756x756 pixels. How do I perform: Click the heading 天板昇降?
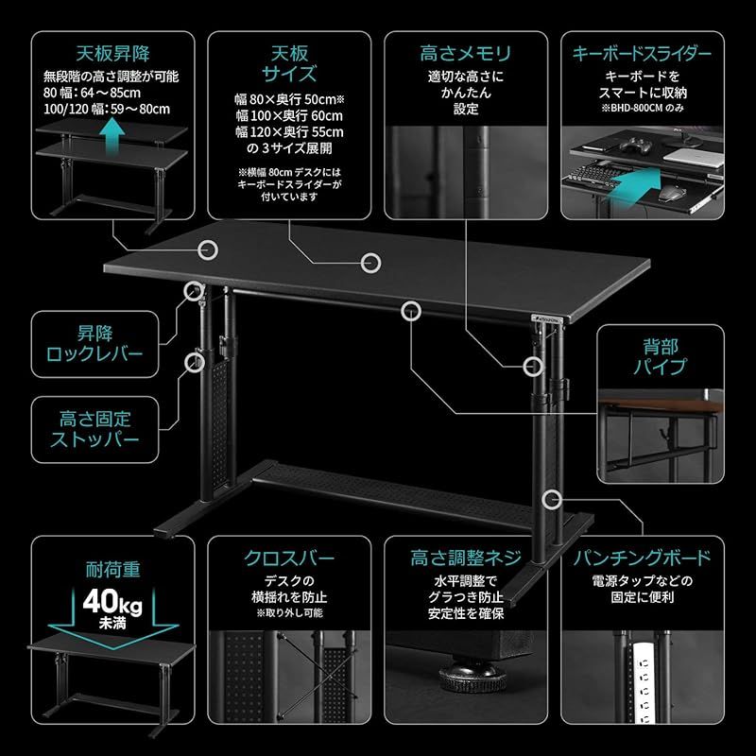111,53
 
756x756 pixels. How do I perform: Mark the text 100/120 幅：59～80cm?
107,110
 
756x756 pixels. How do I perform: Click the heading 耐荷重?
111,570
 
